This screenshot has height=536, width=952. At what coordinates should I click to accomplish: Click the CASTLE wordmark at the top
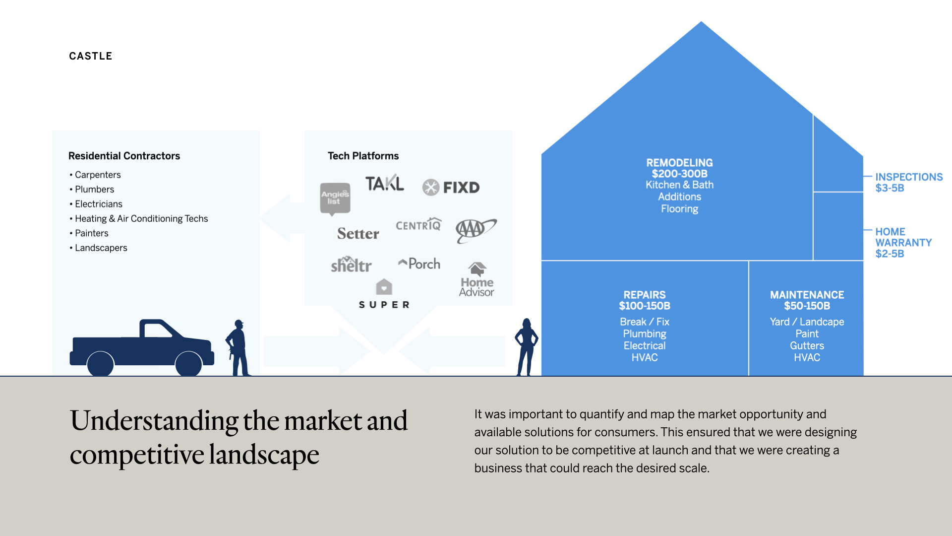[91, 56]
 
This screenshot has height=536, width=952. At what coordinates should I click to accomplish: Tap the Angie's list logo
[335, 198]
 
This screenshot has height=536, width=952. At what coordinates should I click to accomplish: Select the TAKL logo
[385, 183]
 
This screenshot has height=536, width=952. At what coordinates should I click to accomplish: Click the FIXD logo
[451, 187]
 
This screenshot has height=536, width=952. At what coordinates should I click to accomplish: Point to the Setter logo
[358, 233]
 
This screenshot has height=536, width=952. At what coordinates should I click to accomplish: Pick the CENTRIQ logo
[418, 225]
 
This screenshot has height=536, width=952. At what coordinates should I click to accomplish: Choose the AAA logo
[475, 230]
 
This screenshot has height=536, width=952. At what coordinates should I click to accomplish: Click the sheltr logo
[351, 265]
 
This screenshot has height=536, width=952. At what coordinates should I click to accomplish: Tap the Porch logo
[419, 264]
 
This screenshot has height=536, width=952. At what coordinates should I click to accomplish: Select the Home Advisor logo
[476, 280]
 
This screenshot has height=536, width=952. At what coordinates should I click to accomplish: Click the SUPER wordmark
[384, 304]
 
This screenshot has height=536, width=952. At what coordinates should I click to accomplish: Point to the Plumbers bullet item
[94, 189]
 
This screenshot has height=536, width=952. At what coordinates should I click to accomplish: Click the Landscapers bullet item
[101, 248]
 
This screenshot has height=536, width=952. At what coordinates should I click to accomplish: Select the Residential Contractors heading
[124, 156]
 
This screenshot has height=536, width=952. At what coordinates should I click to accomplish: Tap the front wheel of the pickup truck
[189, 364]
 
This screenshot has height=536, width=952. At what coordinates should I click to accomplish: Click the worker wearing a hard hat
[238, 347]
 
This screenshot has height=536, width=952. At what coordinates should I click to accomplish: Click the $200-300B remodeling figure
[679, 174]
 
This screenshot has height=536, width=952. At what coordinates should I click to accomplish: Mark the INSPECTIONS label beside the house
[909, 177]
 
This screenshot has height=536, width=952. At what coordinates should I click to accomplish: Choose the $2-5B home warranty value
[890, 254]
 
